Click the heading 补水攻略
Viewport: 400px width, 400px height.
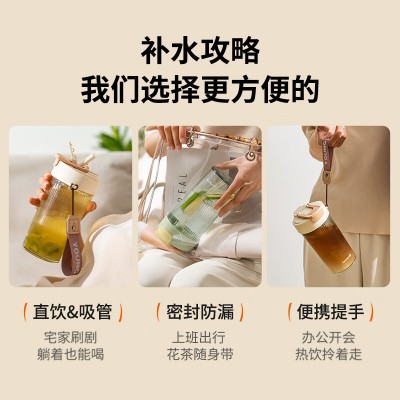tap(200, 51)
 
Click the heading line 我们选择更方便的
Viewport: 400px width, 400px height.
tap(200, 90)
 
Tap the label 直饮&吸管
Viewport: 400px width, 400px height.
tap(72, 312)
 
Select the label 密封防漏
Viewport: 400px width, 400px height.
tap(200, 312)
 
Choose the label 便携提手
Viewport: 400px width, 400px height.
tap(330, 312)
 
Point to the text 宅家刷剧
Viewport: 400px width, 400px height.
tap(71, 337)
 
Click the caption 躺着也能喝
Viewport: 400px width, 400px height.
tap(71, 354)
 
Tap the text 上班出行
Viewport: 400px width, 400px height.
tap(199, 337)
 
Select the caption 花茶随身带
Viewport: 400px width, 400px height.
tap(200, 354)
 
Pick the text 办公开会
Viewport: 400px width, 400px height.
tap(329, 337)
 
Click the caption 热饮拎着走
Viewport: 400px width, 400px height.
tap(329, 354)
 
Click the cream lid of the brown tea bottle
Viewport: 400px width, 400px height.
tap(312, 215)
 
